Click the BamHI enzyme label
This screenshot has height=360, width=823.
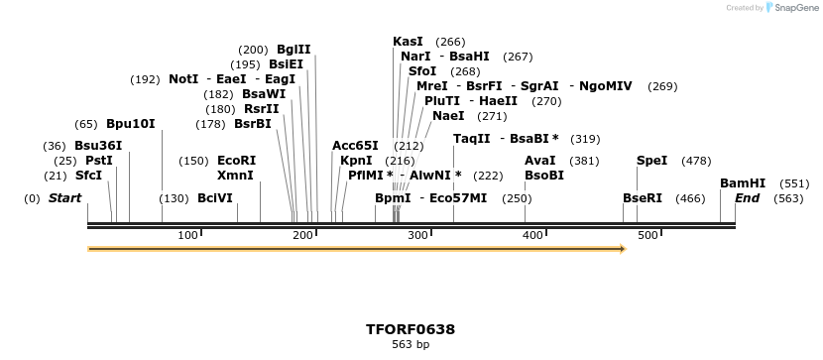pyautogui.click(x=743, y=183)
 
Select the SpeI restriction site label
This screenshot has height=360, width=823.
pyautogui.click(x=651, y=161)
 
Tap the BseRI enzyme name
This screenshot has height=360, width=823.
pyautogui.click(x=642, y=198)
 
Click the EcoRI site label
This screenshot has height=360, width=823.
pyautogui.click(x=236, y=161)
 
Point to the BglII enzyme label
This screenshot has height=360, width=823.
pyautogui.click(x=294, y=50)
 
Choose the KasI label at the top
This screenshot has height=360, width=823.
pyautogui.click(x=408, y=42)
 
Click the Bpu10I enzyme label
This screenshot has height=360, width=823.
pyautogui.click(x=131, y=124)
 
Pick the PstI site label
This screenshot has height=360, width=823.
pyautogui.click(x=99, y=161)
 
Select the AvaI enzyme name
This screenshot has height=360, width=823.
pyautogui.click(x=539, y=161)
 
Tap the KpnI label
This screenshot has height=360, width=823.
pyautogui.click(x=356, y=161)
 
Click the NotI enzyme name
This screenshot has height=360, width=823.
pyautogui.click(x=183, y=79)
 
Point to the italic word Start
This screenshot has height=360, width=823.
pyautogui.click(x=64, y=198)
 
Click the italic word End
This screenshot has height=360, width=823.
pyautogui.click(x=747, y=198)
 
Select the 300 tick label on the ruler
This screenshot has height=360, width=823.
pyautogui.click(x=417, y=235)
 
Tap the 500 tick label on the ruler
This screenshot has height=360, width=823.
pyautogui.click(x=647, y=235)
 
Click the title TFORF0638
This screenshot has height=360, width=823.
pyautogui.click(x=411, y=329)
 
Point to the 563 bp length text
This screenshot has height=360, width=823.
pyautogui.click(x=411, y=345)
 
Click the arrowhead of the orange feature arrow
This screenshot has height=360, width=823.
pyautogui.click(x=622, y=249)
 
